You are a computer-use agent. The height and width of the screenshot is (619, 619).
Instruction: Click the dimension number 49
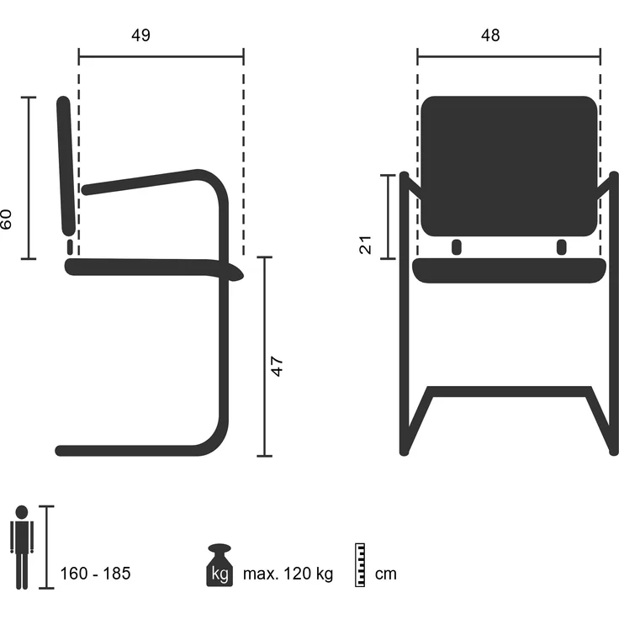tap(141, 35)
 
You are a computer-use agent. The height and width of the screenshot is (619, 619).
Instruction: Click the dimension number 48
tap(490, 35)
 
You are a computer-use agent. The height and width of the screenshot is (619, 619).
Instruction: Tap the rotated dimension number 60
tap(6, 220)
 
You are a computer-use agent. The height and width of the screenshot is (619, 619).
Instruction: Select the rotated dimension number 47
tap(278, 367)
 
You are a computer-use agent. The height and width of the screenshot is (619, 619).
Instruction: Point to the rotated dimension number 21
tap(366, 245)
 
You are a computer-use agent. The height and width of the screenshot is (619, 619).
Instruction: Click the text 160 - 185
tap(95, 574)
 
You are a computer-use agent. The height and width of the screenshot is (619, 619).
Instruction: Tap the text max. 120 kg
tap(288, 574)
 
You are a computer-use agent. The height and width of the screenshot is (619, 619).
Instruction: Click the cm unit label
tap(386, 574)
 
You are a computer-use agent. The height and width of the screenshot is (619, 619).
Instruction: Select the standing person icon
tap(22, 548)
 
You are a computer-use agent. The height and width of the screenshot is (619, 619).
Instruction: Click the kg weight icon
tap(220, 565)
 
